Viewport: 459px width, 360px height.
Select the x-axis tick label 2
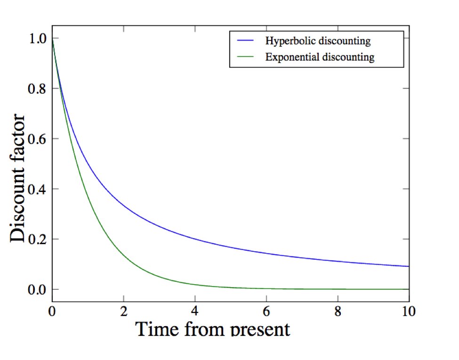123,312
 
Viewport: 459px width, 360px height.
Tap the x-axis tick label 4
195,312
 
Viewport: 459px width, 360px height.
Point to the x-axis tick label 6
266,312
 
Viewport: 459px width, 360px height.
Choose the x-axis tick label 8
338,312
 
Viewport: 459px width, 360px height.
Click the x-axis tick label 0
52,312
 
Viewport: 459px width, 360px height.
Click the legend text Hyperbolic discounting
318,41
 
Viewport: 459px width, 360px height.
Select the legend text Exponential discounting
320,58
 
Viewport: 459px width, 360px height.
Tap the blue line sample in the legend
246,41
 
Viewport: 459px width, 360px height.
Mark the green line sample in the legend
246,57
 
